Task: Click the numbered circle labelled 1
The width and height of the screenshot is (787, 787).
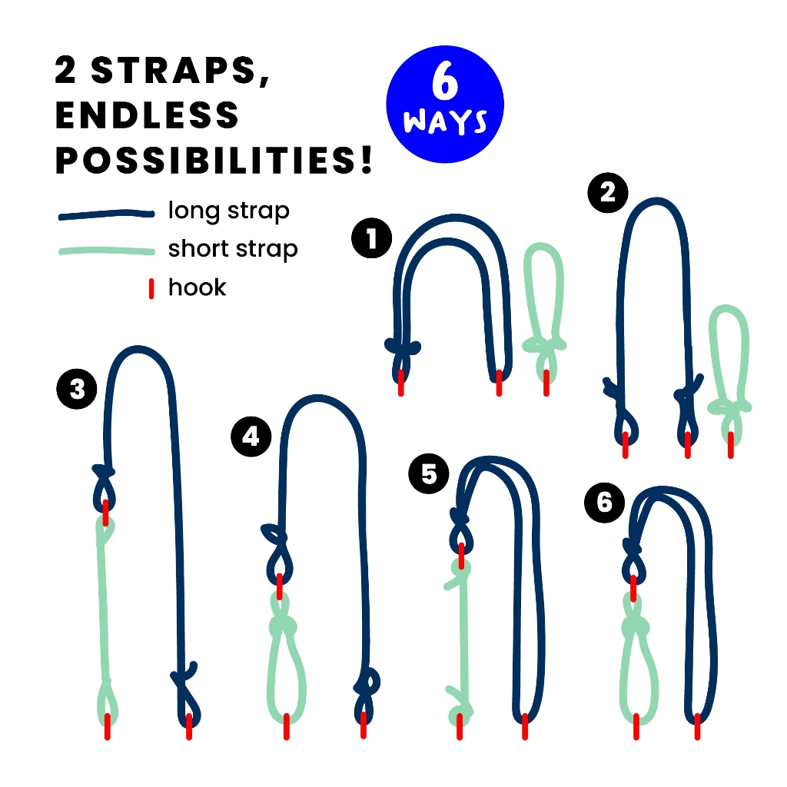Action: click(371, 238)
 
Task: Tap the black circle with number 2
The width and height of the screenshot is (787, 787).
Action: click(608, 192)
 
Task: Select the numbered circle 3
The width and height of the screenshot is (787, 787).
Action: click(77, 389)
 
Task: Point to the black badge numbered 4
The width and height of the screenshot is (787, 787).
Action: click(251, 437)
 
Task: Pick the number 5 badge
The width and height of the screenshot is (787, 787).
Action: click(429, 473)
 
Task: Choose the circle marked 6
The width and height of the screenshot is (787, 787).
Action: click(605, 503)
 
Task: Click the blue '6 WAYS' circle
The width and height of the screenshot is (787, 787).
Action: click(445, 105)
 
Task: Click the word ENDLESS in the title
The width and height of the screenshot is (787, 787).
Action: click(147, 115)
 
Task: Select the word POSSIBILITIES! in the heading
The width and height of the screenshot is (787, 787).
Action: click(214, 160)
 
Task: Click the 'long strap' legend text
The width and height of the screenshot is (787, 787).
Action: click(229, 211)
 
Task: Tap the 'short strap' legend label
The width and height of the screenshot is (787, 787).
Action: click(233, 249)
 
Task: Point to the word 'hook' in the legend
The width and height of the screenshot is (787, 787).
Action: click(198, 287)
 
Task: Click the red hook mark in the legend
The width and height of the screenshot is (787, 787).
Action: click(151, 289)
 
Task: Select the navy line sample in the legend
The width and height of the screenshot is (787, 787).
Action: click(106, 214)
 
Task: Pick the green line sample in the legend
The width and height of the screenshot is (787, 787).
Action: click(106, 251)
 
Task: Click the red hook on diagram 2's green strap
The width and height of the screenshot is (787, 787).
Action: click(730, 445)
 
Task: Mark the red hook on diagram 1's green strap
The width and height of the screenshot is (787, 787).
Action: click(546, 383)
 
